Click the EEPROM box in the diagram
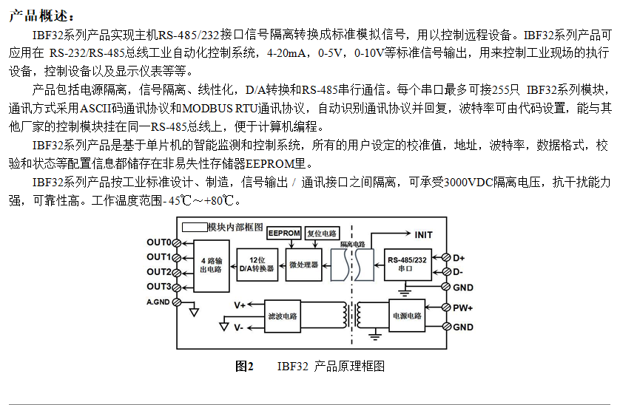click(284, 233)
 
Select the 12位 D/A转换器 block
click(257, 265)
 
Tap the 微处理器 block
click(303, 265)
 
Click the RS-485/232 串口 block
click(406, 264)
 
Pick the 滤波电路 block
click(282, 316)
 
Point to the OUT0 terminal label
click(158, 242)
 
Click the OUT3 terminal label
click(158, 287)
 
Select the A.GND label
click(158, 302)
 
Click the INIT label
click(423, 234)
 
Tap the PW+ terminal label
click(463, 307)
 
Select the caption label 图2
click(244, 367)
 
